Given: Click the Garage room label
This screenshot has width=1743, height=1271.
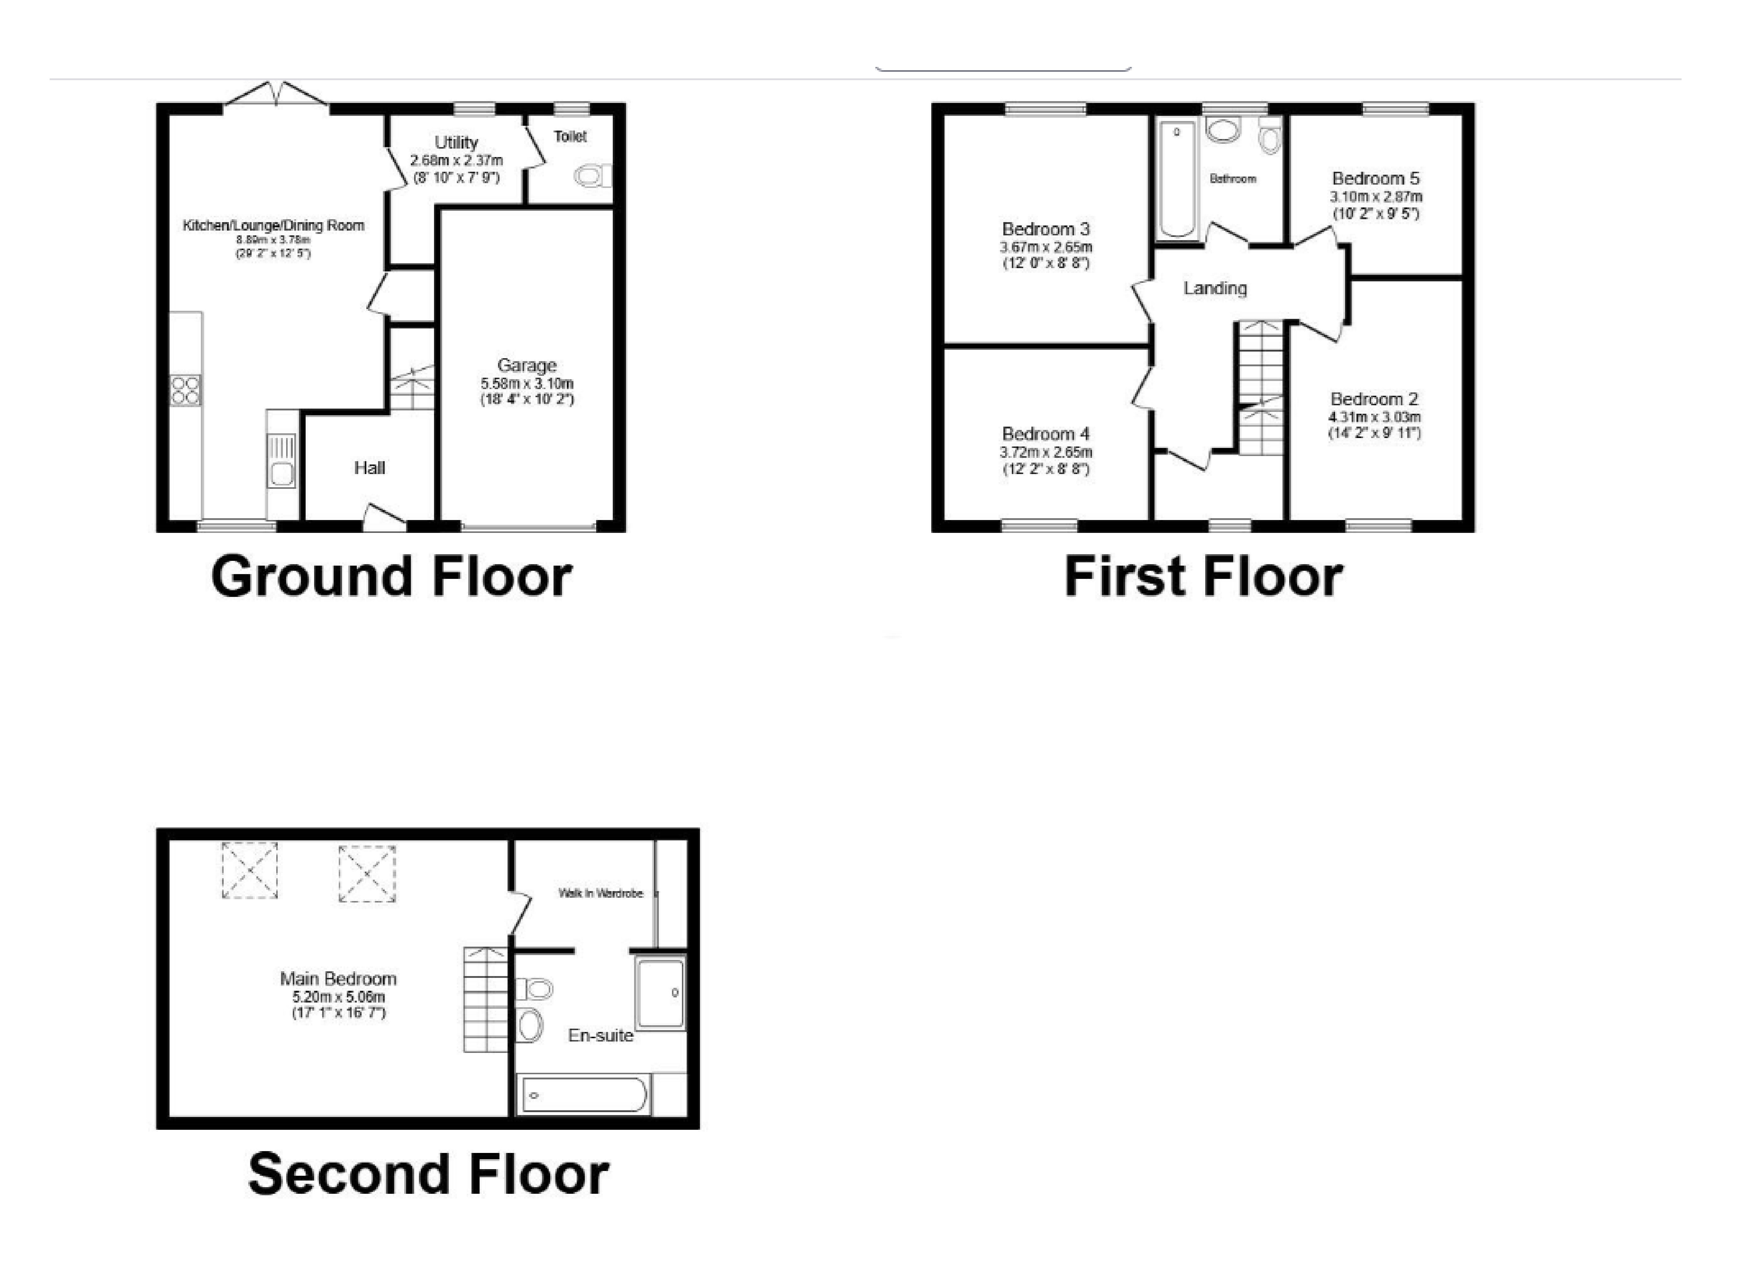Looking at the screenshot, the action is tap(526, 366).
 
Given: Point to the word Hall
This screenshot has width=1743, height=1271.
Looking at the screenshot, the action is tap(369, 468).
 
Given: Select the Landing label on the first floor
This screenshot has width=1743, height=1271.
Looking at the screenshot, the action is tap(1215, 289).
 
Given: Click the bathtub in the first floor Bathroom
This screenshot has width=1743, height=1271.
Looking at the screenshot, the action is tap(1177, 179).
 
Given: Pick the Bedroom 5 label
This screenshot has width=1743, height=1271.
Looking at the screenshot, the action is tap(1376, 178).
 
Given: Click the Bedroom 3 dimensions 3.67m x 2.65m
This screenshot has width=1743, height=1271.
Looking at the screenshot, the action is tap(1046, 247).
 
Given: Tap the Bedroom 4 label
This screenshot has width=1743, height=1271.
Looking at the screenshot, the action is tap(1046, 434).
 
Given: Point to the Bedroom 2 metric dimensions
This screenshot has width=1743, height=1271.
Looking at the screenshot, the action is tap(1374, 417).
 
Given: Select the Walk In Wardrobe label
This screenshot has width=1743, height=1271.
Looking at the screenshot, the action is tap(600, 893).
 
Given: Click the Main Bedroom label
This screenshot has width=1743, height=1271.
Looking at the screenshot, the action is tap(339, 979).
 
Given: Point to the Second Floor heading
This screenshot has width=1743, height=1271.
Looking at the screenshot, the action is tap(428, 1174).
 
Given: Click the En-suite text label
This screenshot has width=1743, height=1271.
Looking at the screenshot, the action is tap(600, 1036).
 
